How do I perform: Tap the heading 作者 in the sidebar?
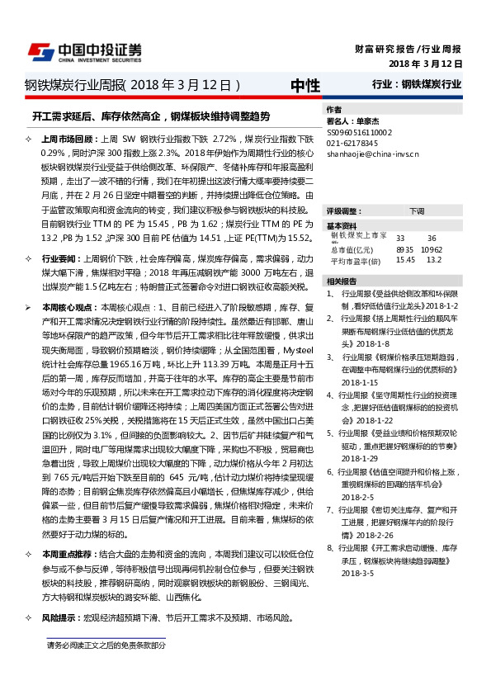pyautogui.click(x=333, y=110)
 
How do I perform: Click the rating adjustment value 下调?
pyautogui.click(x=417, y=211)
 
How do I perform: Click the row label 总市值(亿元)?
pyautogui.click(x=351, y=248)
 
